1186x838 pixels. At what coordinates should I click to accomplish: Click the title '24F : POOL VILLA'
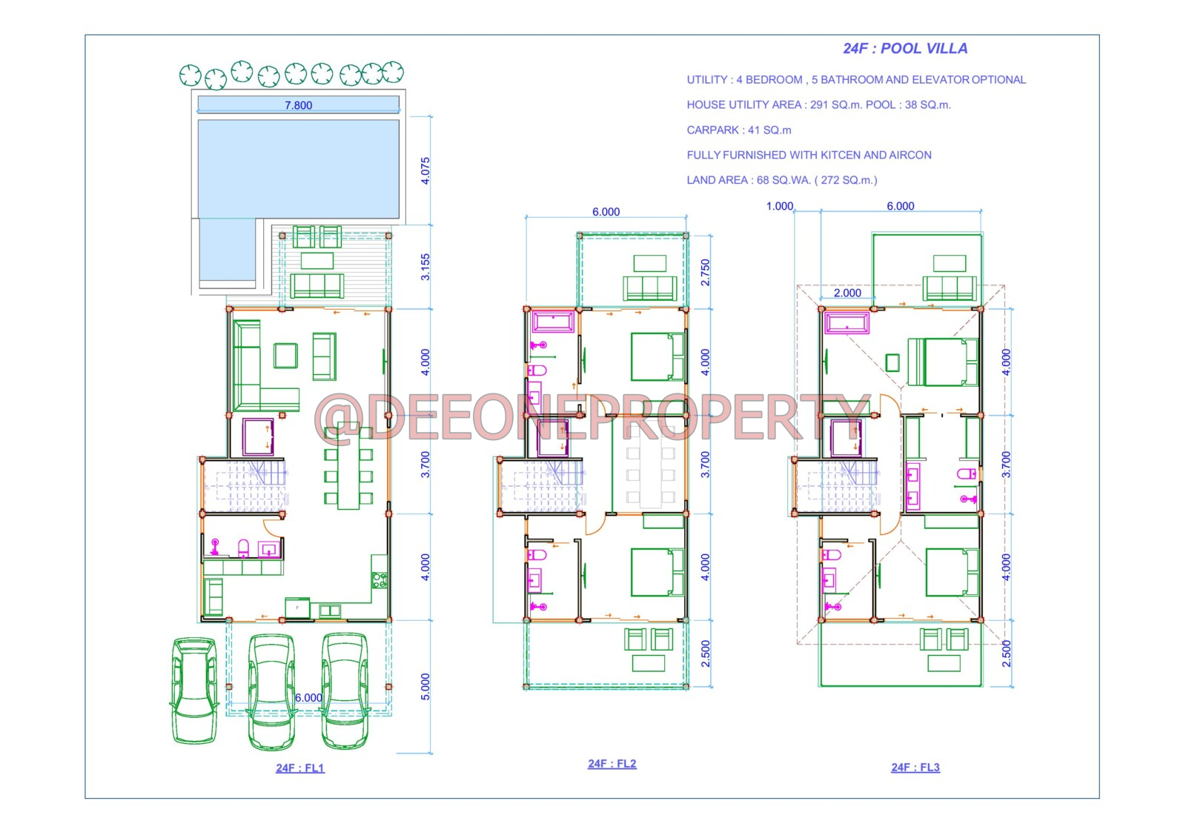905,49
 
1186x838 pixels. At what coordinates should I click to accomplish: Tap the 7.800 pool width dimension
298,105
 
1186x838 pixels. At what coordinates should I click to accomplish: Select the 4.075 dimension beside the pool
425,171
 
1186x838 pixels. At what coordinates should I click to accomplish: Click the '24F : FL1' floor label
299,768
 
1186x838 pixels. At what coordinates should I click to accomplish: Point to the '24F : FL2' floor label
612,763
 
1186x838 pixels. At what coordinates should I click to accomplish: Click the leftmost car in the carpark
194,690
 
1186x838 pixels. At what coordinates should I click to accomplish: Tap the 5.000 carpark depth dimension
425,687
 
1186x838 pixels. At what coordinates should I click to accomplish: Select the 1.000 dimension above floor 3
779,206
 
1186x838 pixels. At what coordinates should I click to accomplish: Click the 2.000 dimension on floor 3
847,293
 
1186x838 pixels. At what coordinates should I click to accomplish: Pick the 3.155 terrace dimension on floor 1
425,267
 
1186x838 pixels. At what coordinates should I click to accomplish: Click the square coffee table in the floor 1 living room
285,355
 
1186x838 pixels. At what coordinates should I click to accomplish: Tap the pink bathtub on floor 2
553,322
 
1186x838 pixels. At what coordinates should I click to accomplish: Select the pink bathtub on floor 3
847,323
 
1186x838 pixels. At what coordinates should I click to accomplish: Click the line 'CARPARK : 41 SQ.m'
738,130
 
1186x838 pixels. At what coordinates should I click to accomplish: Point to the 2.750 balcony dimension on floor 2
705,272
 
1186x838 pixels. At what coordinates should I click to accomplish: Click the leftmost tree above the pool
190,75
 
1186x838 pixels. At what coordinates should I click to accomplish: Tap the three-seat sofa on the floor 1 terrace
317,286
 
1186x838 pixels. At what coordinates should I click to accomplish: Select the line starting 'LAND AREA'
781,181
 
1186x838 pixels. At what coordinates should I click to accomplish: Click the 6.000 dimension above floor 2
606,212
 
